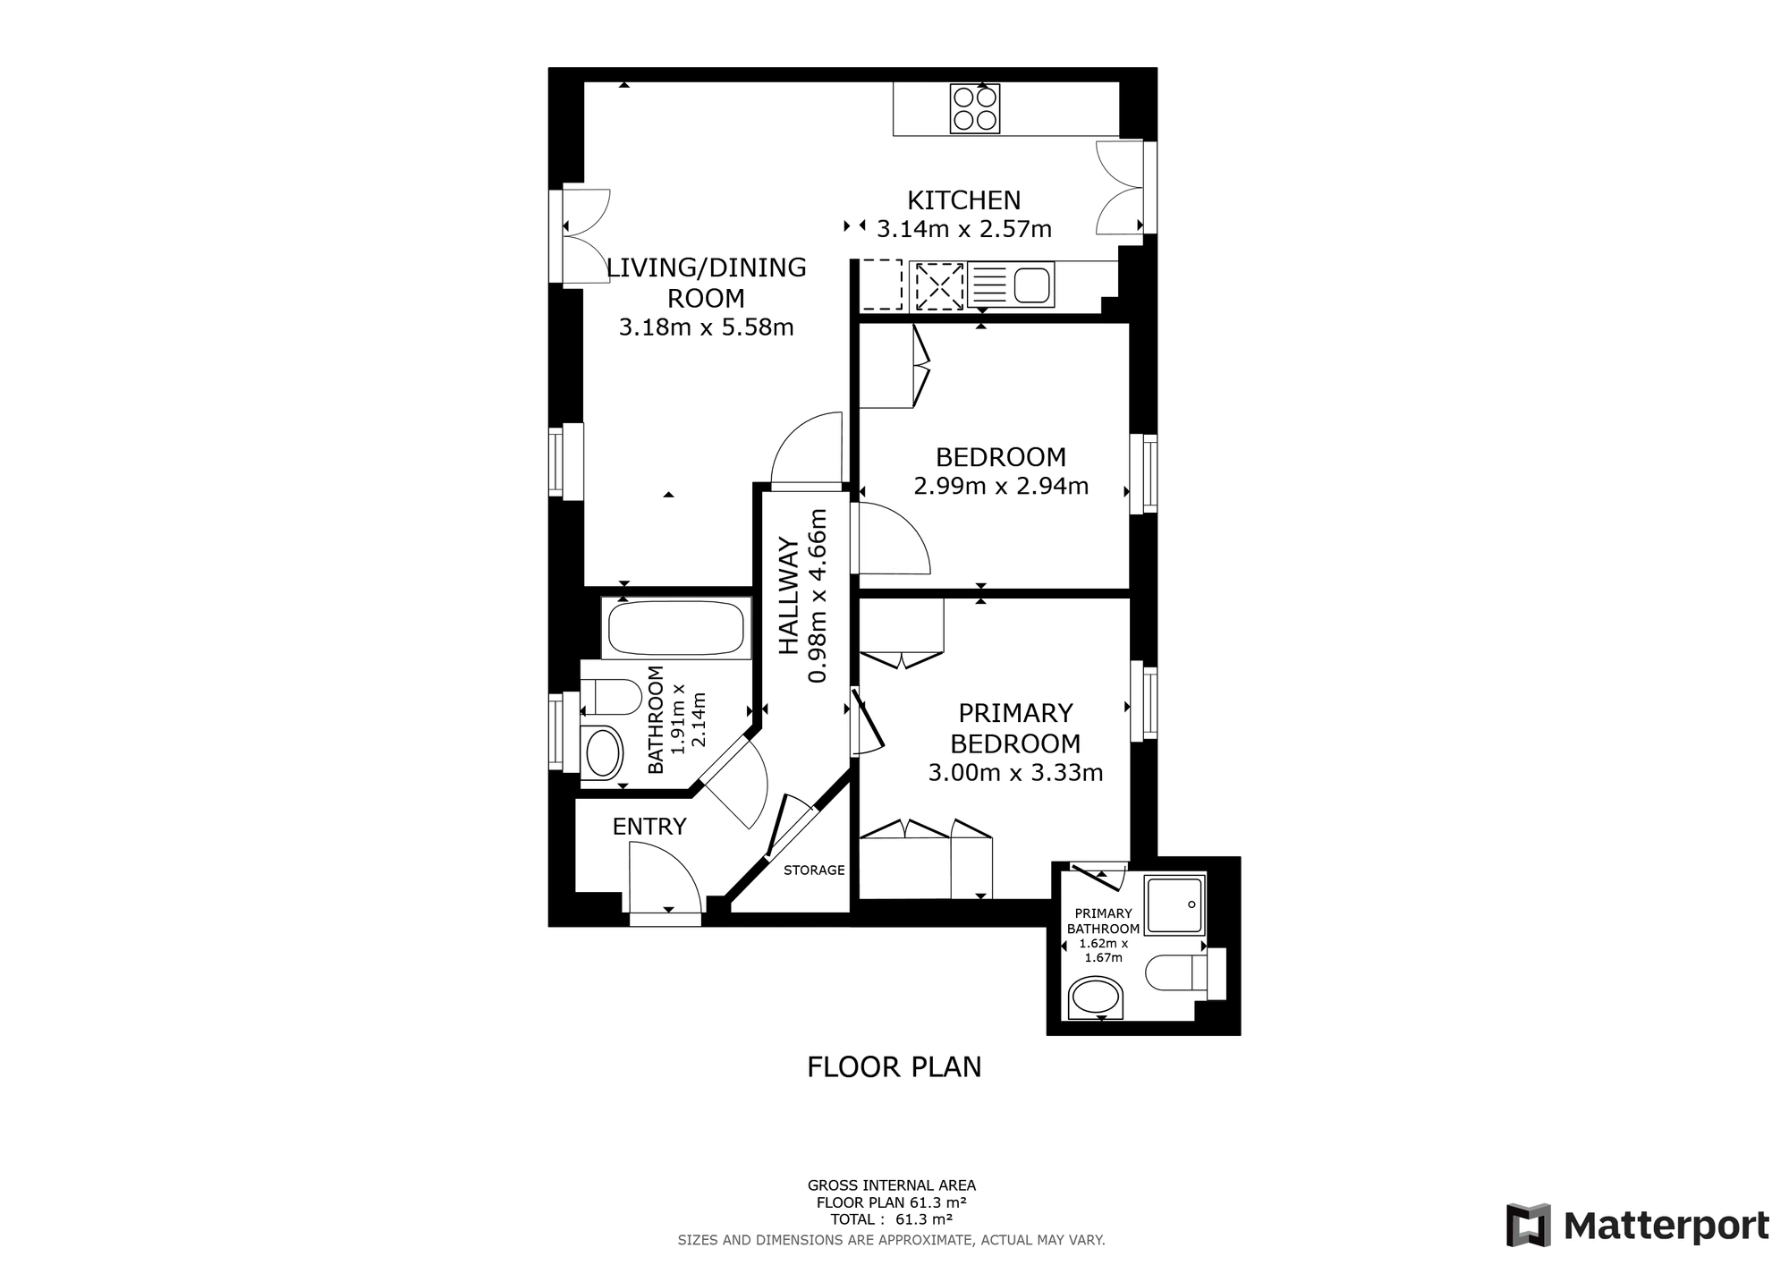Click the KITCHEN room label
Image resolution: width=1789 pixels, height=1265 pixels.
tap(963, 200)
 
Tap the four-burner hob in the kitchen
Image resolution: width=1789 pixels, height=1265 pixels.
tap(974, 108)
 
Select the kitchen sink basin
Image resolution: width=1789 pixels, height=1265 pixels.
tap(1033, 284)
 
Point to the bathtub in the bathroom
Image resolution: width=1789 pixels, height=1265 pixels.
tap(676, 629)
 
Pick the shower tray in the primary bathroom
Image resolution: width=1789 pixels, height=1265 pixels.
tap(1175, 905)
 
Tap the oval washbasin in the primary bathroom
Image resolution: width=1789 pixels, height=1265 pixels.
tap(1096, 998)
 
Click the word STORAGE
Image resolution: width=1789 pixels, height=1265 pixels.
tap(814, 870)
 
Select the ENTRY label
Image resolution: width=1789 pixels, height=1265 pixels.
tap(649, 827)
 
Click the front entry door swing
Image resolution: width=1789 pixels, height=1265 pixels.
tap(666, 878)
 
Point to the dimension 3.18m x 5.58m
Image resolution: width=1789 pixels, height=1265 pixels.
tap(707, 327)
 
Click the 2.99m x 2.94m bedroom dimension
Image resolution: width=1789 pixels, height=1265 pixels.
tap(1001, 487)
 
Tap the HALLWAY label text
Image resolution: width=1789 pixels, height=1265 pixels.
tap(788, 596)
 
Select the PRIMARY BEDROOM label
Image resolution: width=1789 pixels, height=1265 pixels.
tap(1015, 728)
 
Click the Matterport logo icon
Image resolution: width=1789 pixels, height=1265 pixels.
tap(1528, 1225)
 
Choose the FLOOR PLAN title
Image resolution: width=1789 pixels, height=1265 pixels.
tap(894, 1067)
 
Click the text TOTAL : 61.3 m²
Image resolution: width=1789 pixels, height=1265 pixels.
tap(891, 1219)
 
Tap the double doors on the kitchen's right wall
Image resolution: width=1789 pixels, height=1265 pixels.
tap(1121, 188)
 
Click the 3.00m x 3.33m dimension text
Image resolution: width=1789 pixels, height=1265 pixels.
tap(1015, 773)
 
